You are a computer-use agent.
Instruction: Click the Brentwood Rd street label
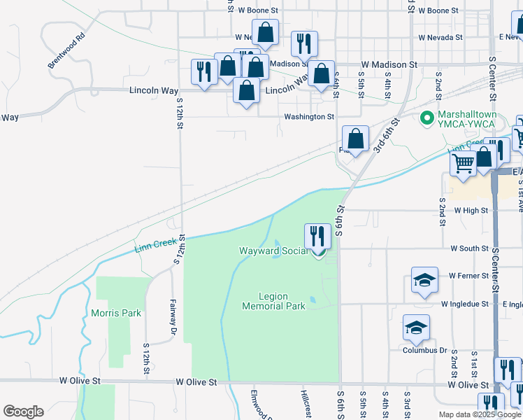[66, 50]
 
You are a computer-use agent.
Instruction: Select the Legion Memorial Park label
[273, 301]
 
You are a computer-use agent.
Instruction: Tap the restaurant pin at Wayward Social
[317, 237]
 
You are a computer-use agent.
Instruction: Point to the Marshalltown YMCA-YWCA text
[466, 119]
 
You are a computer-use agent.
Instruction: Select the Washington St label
[309, 117]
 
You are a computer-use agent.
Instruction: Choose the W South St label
[469, 248]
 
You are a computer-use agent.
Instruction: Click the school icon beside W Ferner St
[425, 280]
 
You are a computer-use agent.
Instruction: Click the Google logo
[23, 412]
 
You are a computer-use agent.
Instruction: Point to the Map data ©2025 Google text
[480, 414]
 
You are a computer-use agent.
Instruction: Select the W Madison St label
[389, 64]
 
